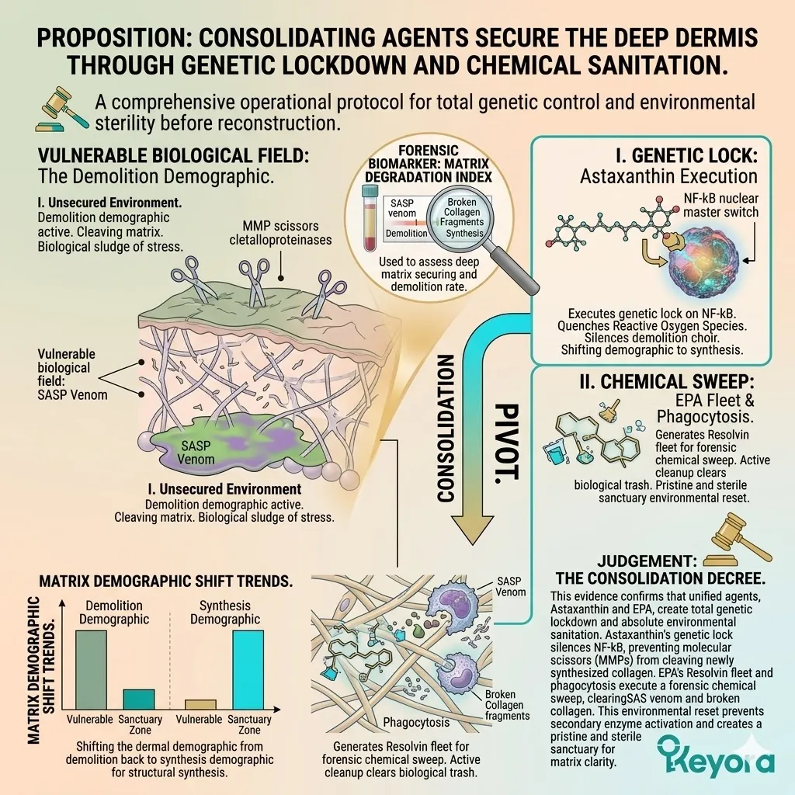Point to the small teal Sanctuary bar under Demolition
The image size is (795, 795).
coord(139,699)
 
